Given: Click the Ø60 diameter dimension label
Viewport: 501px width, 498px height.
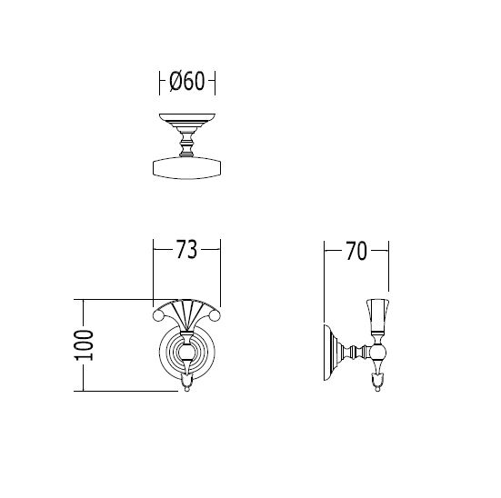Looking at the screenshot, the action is [186, 81].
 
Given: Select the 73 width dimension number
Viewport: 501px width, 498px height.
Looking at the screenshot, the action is [187, 250].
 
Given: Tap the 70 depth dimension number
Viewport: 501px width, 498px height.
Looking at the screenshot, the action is [356, 251].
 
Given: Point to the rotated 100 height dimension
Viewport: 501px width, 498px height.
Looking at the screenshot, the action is [84, 345].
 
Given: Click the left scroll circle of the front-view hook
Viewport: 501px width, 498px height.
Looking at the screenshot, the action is [158, 316].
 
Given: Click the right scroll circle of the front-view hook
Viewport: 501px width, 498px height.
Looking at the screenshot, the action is [215, 316].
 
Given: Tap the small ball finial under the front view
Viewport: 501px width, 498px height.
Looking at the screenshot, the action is [187, 389].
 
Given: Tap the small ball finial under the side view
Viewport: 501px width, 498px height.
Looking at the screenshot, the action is [378, 389].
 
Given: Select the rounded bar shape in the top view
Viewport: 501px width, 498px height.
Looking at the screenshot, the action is [187, 168].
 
